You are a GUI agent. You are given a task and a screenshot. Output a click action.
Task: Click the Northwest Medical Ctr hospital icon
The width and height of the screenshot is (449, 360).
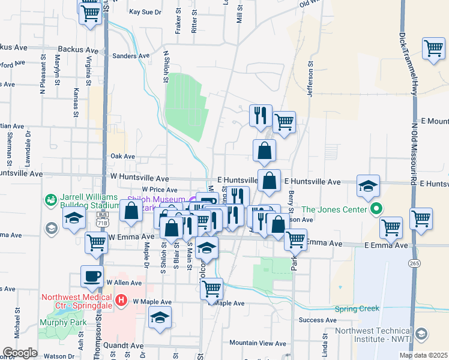121,299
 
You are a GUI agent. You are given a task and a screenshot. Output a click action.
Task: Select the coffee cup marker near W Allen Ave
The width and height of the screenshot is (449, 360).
92,277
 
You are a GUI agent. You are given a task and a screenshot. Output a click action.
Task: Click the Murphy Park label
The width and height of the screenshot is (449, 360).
59,323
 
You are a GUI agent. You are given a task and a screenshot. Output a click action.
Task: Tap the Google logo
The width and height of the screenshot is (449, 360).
20,353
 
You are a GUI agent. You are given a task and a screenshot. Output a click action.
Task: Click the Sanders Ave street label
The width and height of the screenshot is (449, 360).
131,56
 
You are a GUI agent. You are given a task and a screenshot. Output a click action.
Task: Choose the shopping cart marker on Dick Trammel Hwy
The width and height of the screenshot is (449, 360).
433,49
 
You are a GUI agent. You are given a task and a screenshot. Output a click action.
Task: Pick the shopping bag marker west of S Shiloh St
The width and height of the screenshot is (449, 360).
131,211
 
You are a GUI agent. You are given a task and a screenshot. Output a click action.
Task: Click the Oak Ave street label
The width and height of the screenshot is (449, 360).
123,156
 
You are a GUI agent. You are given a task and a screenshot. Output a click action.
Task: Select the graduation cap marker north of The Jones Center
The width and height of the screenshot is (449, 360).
368,185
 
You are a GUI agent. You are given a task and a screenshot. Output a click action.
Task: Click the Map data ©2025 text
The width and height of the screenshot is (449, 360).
423,355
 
